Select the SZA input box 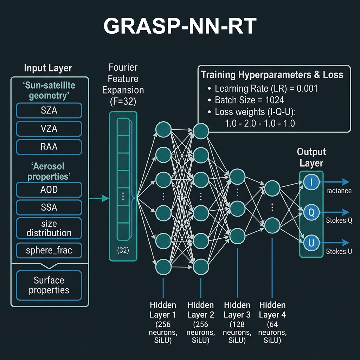click(49, 110)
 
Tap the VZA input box click(49, 129)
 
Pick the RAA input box click(49, 147)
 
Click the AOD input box click(49, 190)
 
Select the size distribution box click(49, 228)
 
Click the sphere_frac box click(49, 251)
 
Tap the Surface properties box click(49, 285)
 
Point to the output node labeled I click(311, 182)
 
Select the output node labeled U click(311, 243)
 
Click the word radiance click(339, 191)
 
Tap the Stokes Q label click(339, 221)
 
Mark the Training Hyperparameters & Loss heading click(272, 75)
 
